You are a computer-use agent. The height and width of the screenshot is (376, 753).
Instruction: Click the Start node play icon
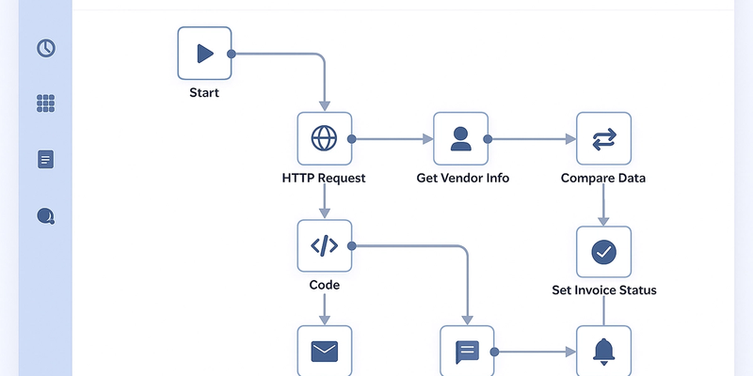pyautogui.click(x=204, y=54)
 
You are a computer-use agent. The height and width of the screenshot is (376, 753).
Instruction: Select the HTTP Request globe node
pyautogui.click(x=324, y=139)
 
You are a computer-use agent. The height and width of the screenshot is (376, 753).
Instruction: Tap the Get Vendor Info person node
pyautogui.click(x=460, y=139)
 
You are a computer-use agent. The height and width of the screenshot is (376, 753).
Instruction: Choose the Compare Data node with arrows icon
pyautogui.click(x=603, y=139)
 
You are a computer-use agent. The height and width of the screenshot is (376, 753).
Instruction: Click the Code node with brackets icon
pyautogui.click(x=324, y=246)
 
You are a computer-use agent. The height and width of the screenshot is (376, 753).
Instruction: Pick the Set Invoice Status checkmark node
pyautogui.click(x=603, y=252)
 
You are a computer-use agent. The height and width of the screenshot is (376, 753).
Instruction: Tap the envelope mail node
pyautogui.click(x=324, y=351)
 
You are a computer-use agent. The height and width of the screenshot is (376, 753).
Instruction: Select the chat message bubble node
pyautogui.click(x=468, y=352)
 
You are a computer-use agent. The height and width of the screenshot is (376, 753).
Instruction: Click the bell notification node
pyautogui.click(x=603, y=351)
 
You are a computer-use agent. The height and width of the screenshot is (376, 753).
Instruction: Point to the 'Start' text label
pyautogui.click(x=204, y=93)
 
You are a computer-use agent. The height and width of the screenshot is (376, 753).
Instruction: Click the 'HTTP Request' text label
pyautogui.click(x=324, y=178)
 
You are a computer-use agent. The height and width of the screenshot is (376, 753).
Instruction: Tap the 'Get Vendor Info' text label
pyautogui.click(x=462, y=178)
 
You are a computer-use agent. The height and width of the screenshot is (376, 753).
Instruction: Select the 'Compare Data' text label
pyautogui.click(x=603, y=178)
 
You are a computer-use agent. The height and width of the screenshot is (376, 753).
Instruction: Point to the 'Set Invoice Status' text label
pyautogui.click(x=603, y=290)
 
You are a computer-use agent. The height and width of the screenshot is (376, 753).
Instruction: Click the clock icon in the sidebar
pyautogui.click(x=46, y=48)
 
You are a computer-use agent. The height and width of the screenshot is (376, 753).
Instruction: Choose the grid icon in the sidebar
pyautogui.click(x=46, y=103)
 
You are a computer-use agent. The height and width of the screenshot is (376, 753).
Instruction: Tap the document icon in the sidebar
pyautogui.click(x=46, y=160)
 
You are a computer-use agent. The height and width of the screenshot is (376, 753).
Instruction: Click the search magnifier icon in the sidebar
pyautogui.click(x=46, y=216)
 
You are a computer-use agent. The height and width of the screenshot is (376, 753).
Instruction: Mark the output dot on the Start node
pyautogui.click(x=232, y=54)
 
